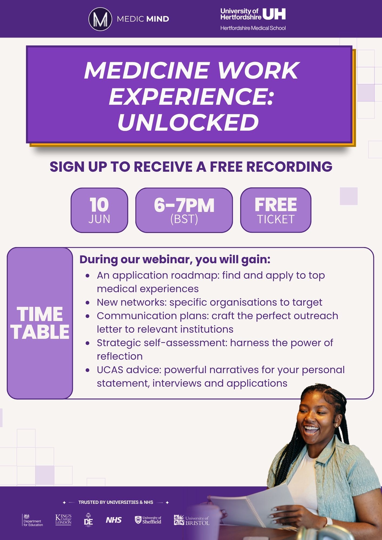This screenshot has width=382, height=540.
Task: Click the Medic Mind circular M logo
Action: click(100, 19)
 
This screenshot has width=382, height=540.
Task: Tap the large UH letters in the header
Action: click(274, 14)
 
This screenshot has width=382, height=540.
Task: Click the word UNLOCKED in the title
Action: click(188, 123)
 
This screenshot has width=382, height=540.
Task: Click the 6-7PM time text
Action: click(184, 205)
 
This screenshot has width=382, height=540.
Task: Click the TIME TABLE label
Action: click(40, 323)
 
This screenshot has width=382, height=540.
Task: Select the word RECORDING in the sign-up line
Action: click(289, 167)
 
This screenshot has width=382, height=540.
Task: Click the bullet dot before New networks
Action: click(87, 303)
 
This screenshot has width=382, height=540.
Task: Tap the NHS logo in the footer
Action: click(114, 520)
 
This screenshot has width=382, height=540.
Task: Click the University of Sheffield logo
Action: click(148, 520)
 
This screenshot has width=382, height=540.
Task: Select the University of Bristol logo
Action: click(192, 520)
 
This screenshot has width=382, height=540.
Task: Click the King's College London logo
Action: click(63, 519)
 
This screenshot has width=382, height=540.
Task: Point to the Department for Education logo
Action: click(33, 520)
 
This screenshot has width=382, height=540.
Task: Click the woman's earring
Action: click(336, 426)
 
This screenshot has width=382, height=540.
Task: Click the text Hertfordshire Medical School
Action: click(253, 28)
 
